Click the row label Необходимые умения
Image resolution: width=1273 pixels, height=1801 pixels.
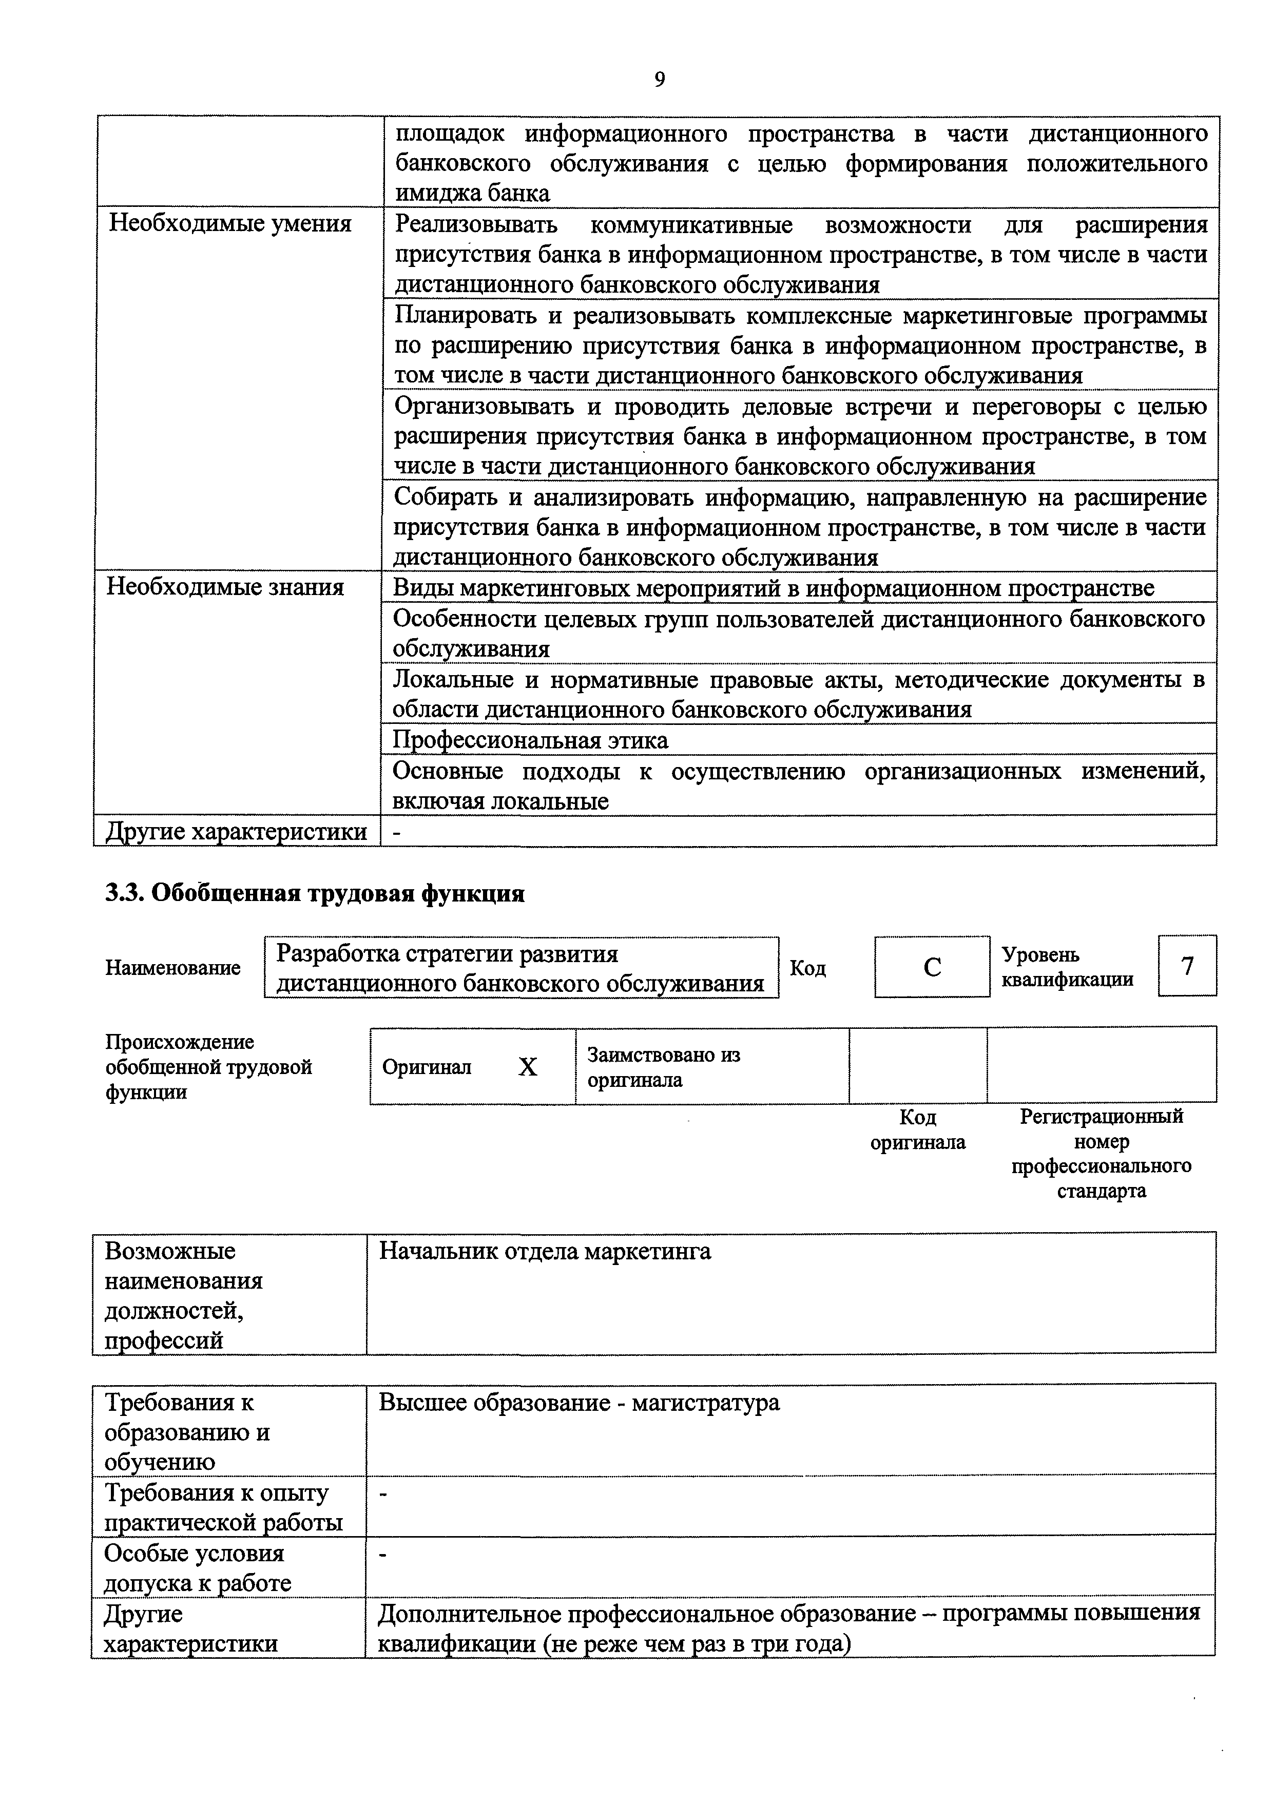(230, 224)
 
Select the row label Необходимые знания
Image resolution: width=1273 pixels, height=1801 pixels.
(225, 587)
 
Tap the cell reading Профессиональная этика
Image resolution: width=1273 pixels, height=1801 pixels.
(530, 740)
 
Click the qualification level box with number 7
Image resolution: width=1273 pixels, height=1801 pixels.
(1187, 966)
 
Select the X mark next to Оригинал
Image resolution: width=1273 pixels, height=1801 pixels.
(528, 1067)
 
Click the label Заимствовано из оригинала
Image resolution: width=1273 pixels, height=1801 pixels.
(664, 1067)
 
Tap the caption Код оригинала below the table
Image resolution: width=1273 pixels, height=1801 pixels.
(918, 1129)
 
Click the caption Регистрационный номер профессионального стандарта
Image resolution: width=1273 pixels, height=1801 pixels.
(1101, 1153)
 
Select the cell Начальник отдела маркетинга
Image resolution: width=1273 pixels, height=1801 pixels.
(545, 1251)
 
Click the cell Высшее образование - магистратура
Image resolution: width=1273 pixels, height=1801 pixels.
(579, 1403)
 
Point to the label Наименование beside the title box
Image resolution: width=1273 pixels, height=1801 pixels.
(172, 968)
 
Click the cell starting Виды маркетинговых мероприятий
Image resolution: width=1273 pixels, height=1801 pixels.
(773, 587)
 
